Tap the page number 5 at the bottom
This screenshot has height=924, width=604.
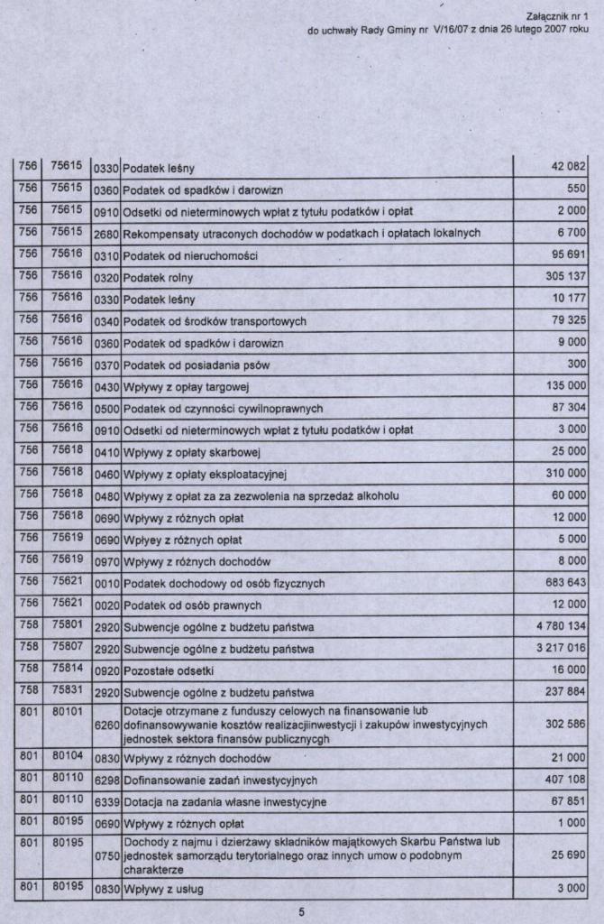(x=302, y=911)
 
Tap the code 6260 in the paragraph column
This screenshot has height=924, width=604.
(x=106, y=725)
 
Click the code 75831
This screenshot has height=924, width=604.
(x=67, y=690)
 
